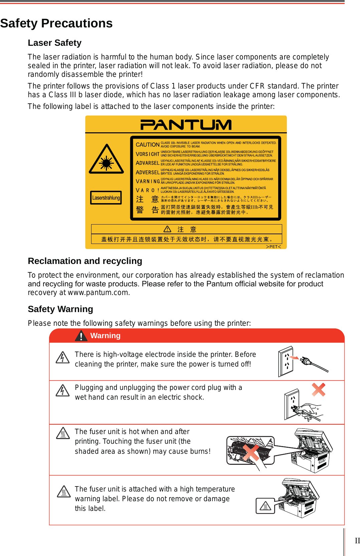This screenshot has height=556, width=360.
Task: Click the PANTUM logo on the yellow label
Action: pyautogui.click(x=186, y=125)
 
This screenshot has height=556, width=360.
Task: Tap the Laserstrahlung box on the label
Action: pyautogui.click(x=106, y=198)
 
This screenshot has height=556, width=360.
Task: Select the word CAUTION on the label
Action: pyautogui.click(x=147, y=145)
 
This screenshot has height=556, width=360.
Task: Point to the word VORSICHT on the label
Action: pyautogui.click(x=147, y=154)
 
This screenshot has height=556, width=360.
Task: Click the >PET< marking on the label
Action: pyautogui.click(x=273, y=247)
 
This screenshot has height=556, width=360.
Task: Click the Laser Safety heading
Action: pyautogui.click(x=54, y=43)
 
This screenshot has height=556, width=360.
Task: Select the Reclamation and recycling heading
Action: pyautogui.click(x=85, y=261)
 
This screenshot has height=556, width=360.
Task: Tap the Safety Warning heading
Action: pyautogui.click(x=60, y=309)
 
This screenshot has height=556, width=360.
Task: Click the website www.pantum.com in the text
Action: pyautogui.click(x=98, y=293)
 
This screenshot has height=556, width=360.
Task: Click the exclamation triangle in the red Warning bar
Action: pyautogui.click(x=81, y=336)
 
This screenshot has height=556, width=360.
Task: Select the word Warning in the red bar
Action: pyautogui.click(x=105, y=336)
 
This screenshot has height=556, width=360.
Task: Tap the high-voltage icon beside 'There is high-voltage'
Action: pyautogui.click(x=62, y=358)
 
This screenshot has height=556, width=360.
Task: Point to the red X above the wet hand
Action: pyautogui.click(x=318, y=390)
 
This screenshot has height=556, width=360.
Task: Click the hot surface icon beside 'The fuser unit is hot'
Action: pyautogui.click(x=63, y=433)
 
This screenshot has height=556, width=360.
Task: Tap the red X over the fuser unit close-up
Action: pyautogui.click(x=250, y=453)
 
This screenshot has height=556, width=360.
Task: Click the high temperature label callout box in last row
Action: pyautogui.click(x=265, y=506)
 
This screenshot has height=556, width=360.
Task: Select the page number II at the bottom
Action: pyautogui.click(x=357, y=541)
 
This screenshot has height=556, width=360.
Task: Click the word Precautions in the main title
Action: pyautogui.click(x=77, y=23)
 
